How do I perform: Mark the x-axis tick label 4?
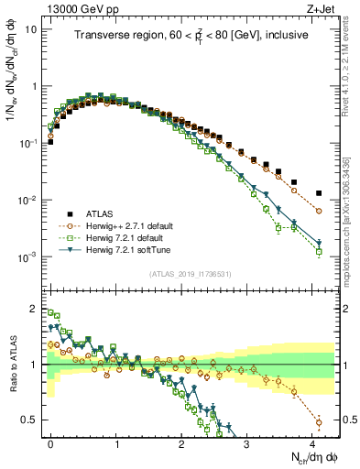pos(312,441)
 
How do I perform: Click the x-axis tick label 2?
pos(181,441)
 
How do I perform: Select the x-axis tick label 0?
pos(50,441)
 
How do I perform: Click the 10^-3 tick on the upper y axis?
pos(28,256)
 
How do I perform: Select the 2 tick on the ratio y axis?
pos(35,310)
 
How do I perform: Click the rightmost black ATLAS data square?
pos(319,193)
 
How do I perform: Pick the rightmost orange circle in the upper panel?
pos(319,211)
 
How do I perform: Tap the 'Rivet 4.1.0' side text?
pos(351,92)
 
